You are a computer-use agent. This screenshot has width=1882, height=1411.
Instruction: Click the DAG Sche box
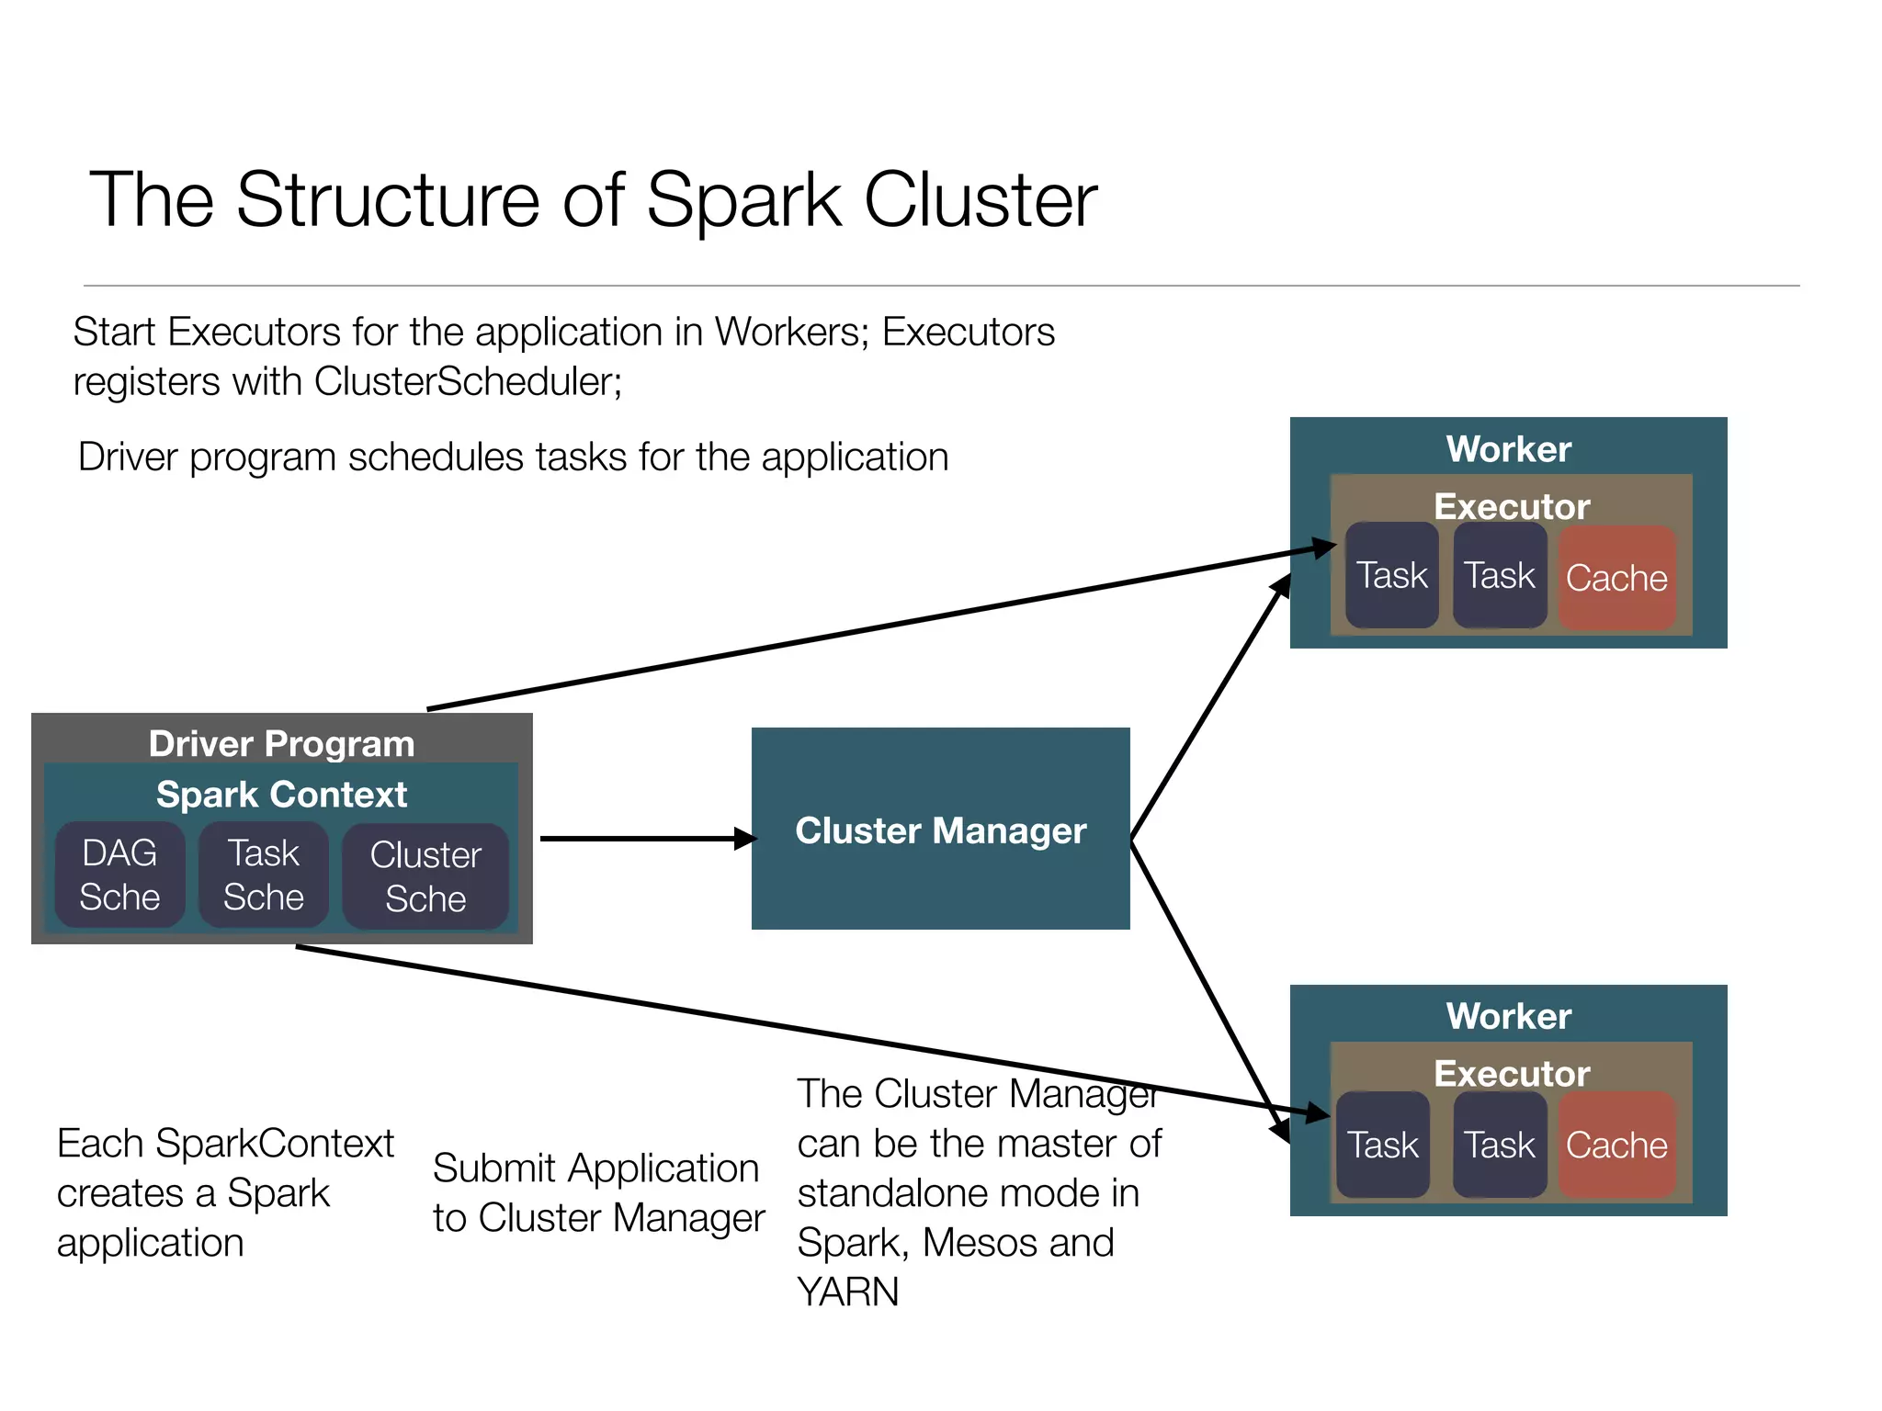119,875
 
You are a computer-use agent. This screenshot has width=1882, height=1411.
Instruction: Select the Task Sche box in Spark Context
264,875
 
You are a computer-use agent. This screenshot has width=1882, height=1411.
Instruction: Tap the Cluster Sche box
425,876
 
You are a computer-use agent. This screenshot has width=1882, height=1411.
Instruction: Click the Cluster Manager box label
940,830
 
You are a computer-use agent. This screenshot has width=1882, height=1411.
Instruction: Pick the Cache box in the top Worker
1616,578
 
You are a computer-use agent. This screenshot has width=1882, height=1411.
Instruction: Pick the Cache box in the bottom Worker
1616,1145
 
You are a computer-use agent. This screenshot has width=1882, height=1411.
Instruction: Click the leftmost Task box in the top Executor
1391,576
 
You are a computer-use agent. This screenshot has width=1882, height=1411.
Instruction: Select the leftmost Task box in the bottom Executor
1382,1145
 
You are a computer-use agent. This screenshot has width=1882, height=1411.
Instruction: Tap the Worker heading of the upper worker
1508,449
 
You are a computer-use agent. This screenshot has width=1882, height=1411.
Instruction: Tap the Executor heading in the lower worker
1512,1073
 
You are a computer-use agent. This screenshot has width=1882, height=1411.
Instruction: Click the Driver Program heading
281,743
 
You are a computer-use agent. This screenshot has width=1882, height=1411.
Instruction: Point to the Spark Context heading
281,794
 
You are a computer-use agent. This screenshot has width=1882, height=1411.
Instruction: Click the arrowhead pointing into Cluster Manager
745,838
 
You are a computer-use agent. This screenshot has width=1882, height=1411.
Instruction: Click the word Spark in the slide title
743,200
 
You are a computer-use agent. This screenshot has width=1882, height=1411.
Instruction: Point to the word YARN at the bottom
847,1292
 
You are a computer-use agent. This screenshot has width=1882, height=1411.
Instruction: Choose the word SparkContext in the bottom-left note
275,1144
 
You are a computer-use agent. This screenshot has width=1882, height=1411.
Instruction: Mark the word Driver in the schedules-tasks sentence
128,457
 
